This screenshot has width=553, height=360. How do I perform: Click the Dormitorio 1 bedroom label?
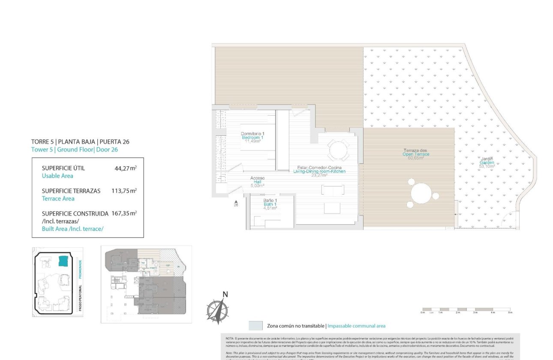(252, 137)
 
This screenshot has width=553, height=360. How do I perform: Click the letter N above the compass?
(225, 294)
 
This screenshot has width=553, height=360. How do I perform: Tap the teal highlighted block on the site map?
(63, 261)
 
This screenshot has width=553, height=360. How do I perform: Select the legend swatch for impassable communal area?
(255, 326)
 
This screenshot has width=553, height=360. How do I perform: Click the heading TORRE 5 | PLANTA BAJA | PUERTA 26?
(80, 141)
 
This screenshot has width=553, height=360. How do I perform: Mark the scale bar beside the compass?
(466, 309)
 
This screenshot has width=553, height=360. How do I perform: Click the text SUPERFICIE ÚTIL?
(63, 168)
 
